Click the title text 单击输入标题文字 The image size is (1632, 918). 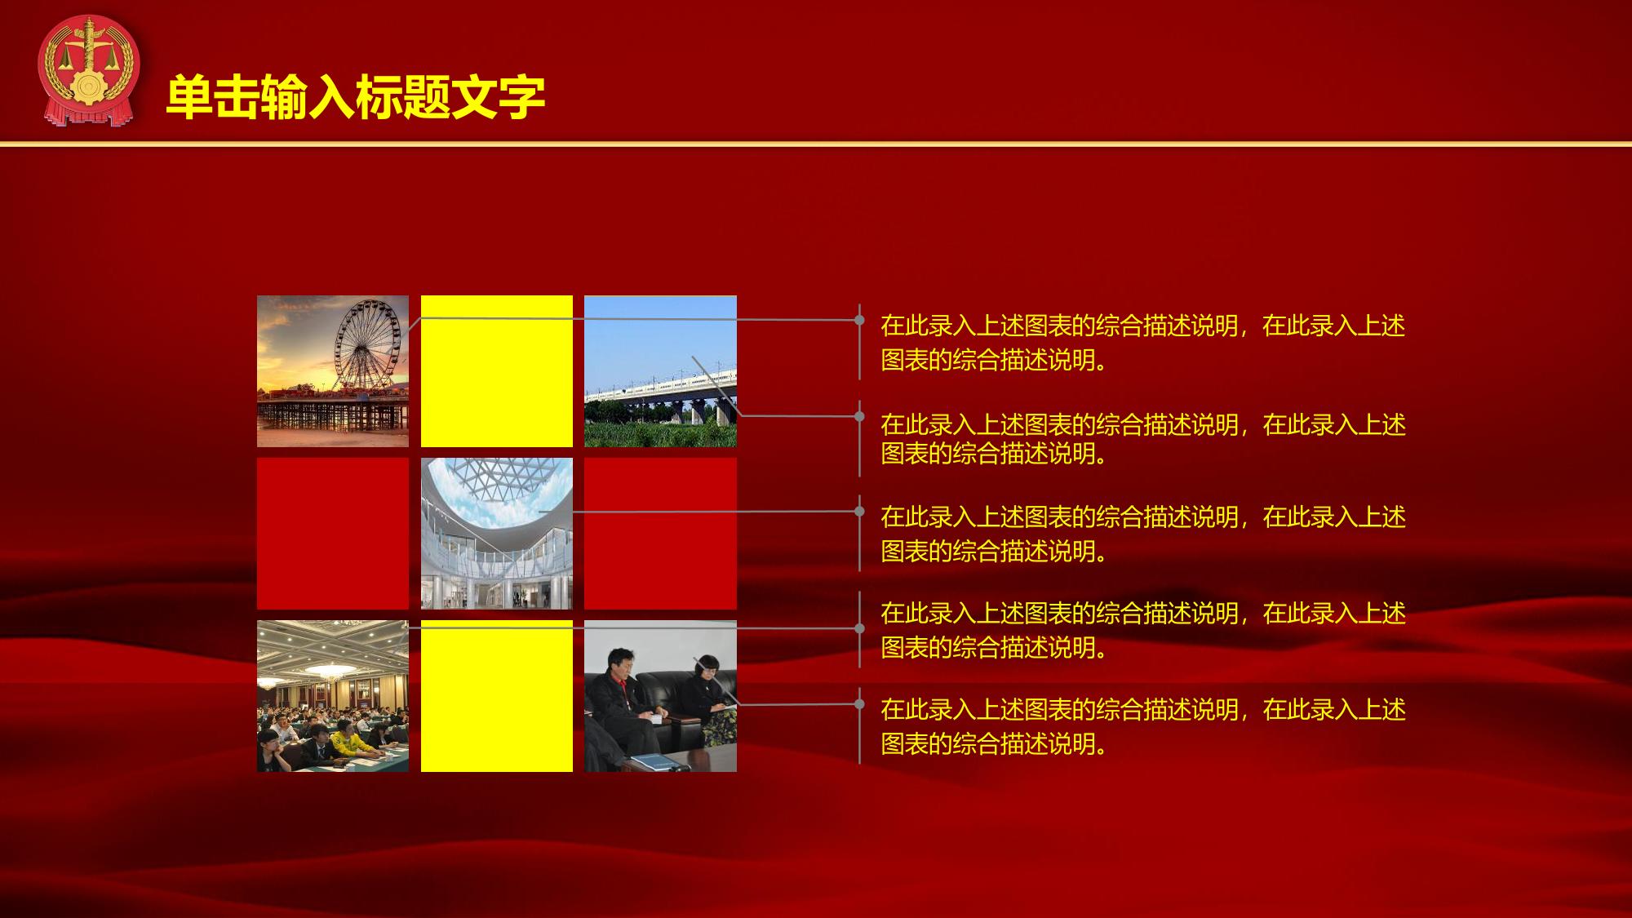pos(356,98)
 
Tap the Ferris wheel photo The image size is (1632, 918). pos(333,371)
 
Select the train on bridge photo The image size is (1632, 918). pos(660,371)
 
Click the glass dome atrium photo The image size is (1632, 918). pos(497,534)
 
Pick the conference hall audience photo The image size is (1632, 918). pos(333,696)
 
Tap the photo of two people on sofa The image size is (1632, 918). pos(660,696)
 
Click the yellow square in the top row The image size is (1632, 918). pos(497,371)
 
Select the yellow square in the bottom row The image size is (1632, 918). pos(497,696)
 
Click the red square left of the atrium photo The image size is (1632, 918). pos(333,534)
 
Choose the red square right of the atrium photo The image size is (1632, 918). pos(660,534)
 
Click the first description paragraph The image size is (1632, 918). pos(1143,343)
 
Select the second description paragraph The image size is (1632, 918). pos(1143,439)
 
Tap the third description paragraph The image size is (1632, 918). pos(1143,534)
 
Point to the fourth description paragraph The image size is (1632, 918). pos(1143,630)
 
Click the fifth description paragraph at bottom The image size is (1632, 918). pos(1143,726)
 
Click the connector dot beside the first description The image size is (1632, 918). pos(859,320)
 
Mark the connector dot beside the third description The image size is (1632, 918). pos(859,512)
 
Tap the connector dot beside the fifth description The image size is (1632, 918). pos(859,703)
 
